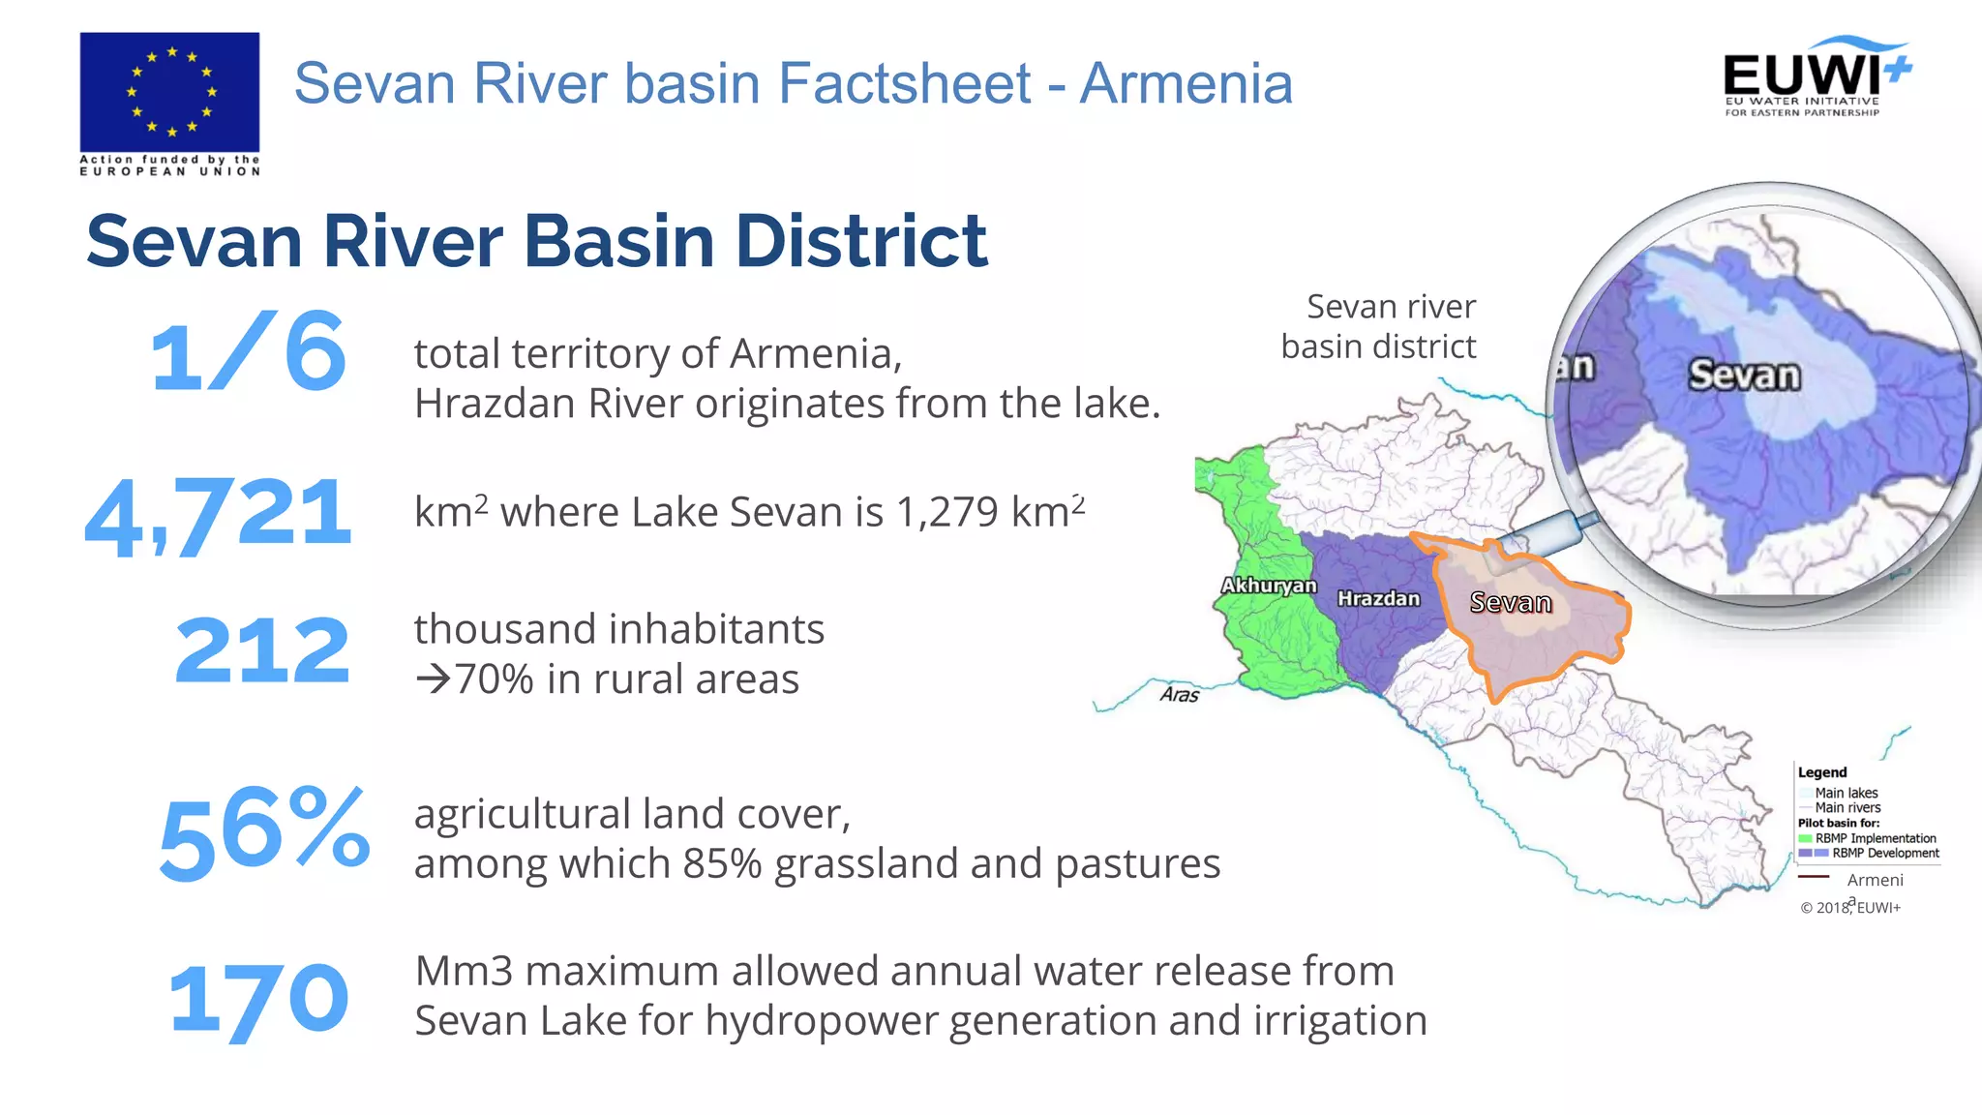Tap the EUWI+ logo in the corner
point(1816,77)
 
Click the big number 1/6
point(248,352)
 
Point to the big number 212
point(262,650)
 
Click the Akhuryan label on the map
point(1268,586)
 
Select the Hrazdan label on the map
point(1378,599)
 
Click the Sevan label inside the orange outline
point(1510,603)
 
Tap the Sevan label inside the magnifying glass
point(1744,376)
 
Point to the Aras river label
point(1180,695)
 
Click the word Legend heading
point(1821,772)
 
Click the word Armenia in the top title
point(1186,83)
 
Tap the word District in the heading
point(861,241)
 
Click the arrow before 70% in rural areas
point(433,678)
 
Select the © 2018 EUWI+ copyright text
point(1849,907)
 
